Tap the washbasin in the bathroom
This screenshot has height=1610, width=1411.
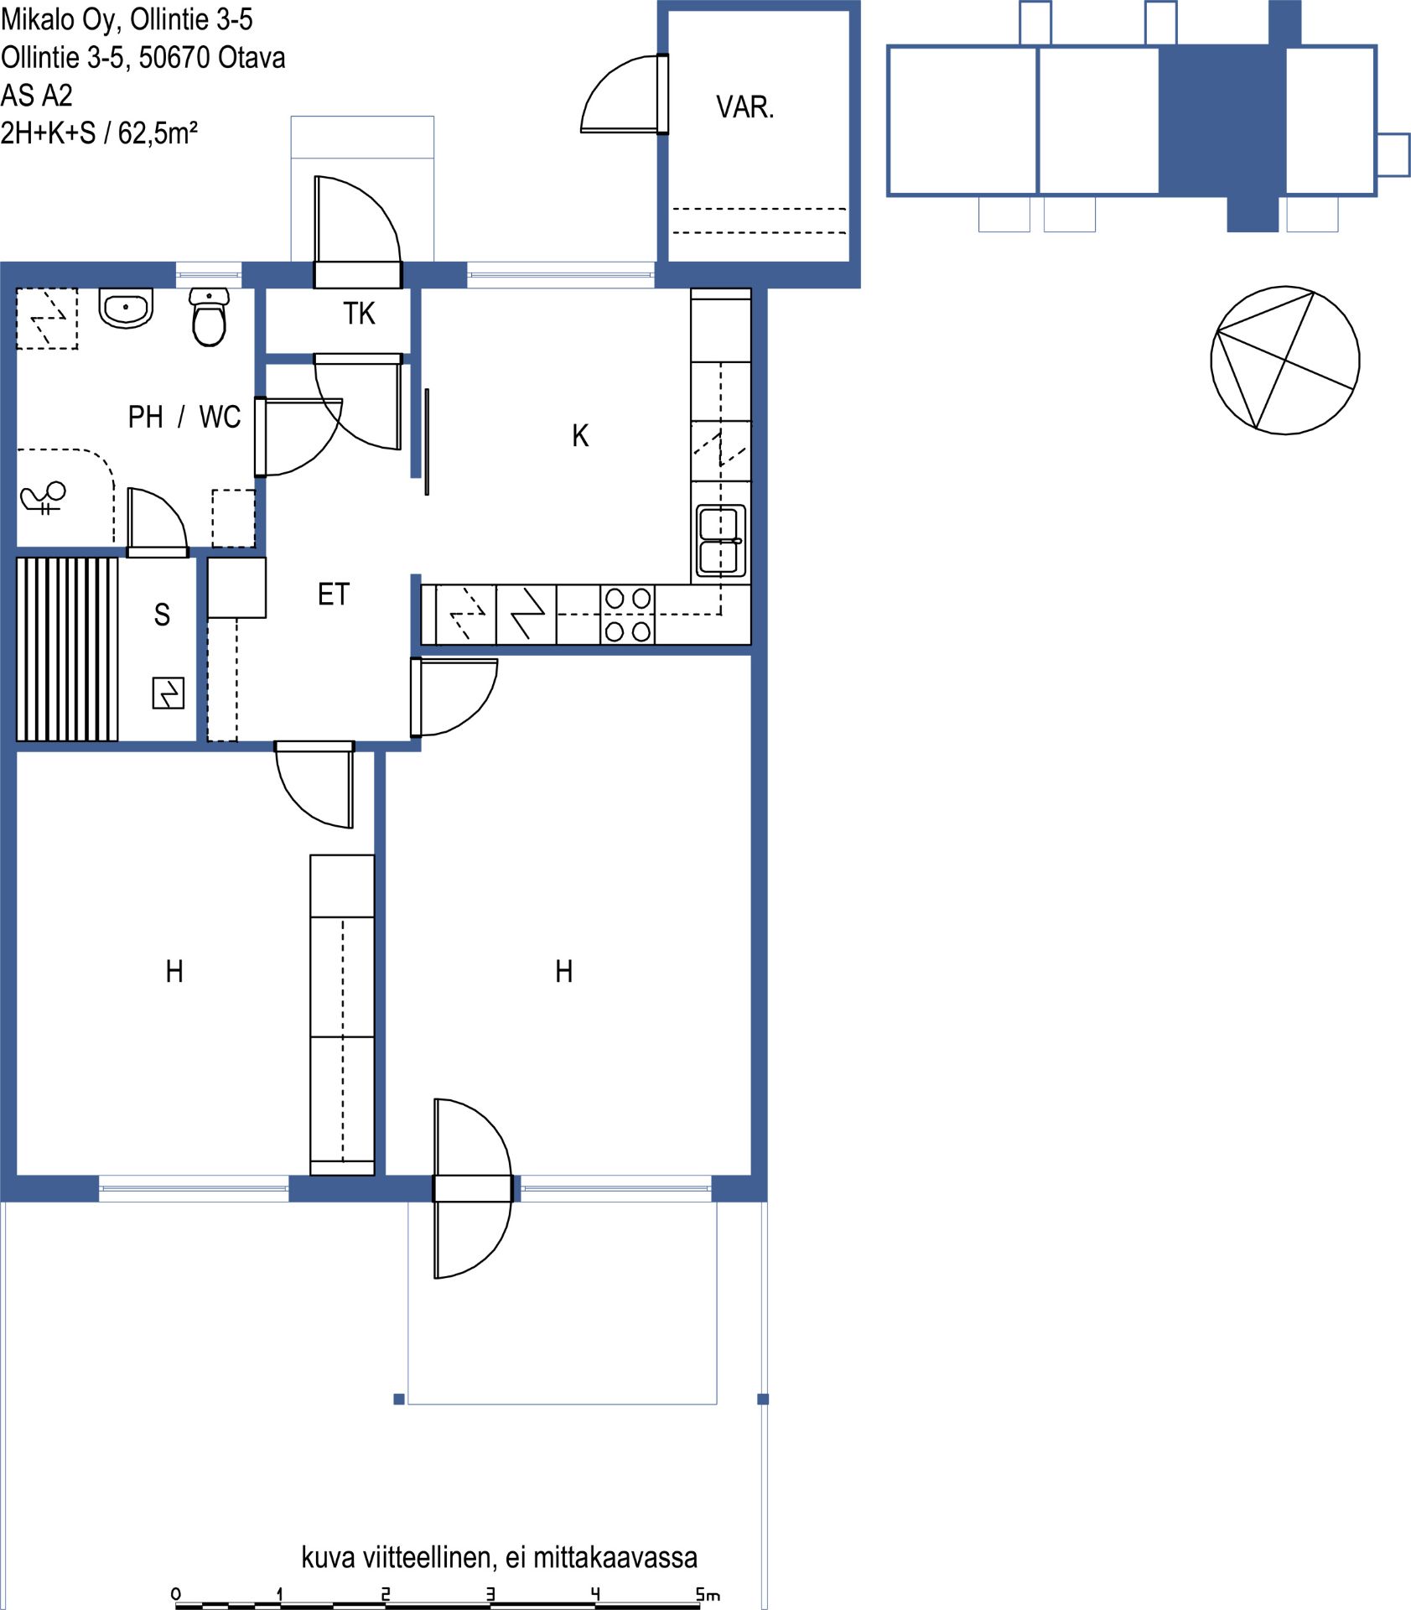[x=126, y=308]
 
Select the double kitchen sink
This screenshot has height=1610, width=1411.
[x=720, y=540]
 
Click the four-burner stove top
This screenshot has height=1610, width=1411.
[x=628, y=615]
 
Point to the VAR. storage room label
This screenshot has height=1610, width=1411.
[x=744, y=107]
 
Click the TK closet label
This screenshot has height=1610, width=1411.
[x=359, y=314]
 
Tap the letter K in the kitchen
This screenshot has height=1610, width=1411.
[x=580, y=436]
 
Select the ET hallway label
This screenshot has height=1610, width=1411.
[x=333, y=595]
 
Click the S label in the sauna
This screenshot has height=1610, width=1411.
[x=162, y=615]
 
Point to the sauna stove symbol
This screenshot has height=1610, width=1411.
[x=168, y=693]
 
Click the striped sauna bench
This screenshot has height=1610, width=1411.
[x=67, y=649]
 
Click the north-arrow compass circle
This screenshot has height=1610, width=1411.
[x=1285, y=361]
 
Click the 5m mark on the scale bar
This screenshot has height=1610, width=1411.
[x=708, y=1594]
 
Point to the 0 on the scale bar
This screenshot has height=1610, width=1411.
[x=175, y=1594]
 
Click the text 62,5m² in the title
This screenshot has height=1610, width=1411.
[x=158, y=133]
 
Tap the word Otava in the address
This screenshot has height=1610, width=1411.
[x=252, y=58]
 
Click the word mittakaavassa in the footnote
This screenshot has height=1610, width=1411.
[x=615, y=1557]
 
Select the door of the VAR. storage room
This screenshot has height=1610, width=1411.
[x=625, y=94]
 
